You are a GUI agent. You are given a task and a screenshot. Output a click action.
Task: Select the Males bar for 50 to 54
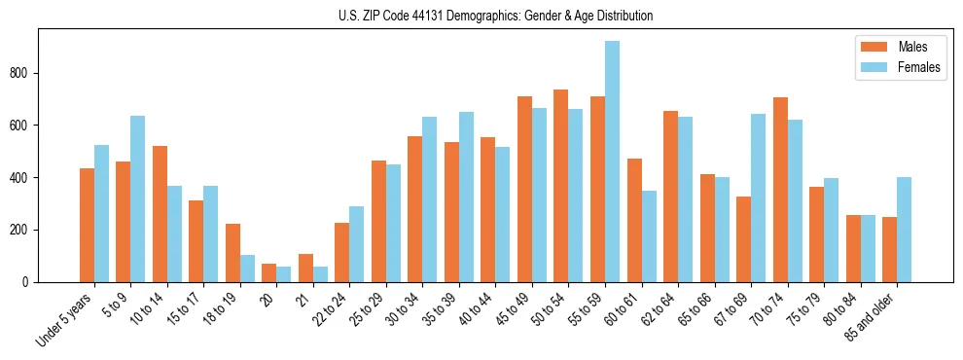(x=561, y=186)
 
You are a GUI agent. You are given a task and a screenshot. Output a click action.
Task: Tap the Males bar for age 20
(x=269, y=272)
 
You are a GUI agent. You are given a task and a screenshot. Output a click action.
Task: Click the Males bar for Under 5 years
(x=87, y=225)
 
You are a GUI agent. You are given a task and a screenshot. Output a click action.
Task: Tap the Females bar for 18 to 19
(x=247, y=269)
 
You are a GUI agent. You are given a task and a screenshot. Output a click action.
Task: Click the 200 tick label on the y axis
(x=24, y=230)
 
